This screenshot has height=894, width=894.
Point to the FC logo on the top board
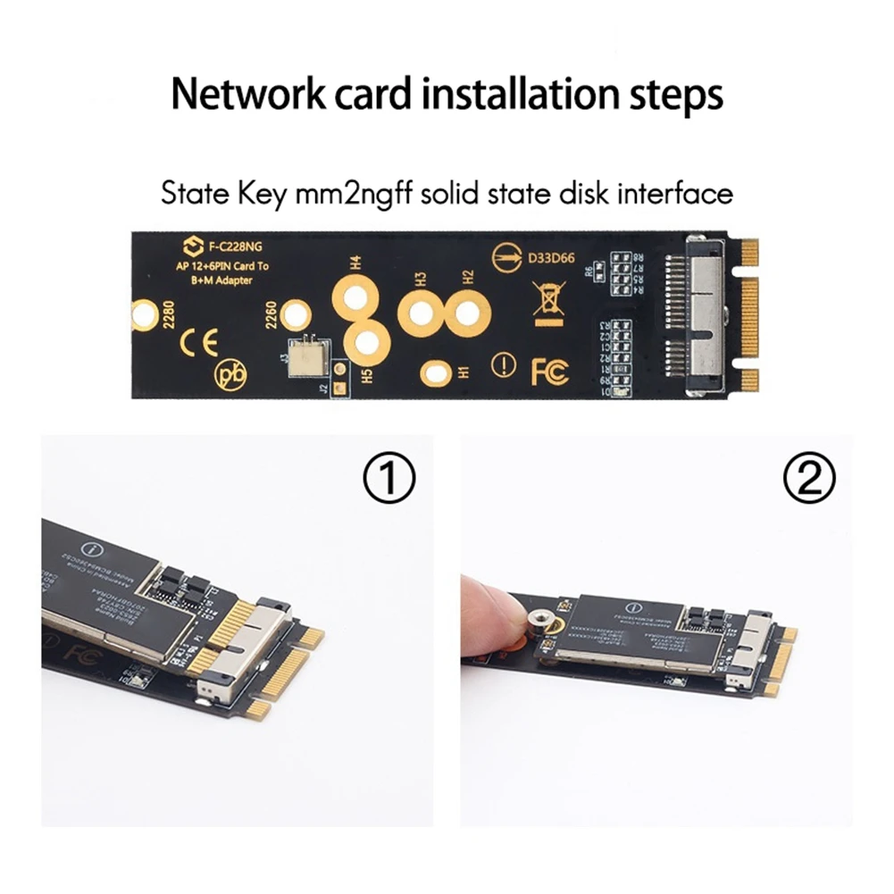point(549,371)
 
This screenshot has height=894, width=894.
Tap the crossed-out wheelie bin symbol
point(547,302)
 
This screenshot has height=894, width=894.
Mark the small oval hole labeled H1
point(436,374)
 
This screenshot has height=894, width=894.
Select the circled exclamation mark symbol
point(504,364)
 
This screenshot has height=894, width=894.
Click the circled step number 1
point(389,480)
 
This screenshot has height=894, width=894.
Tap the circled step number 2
point(808,480)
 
